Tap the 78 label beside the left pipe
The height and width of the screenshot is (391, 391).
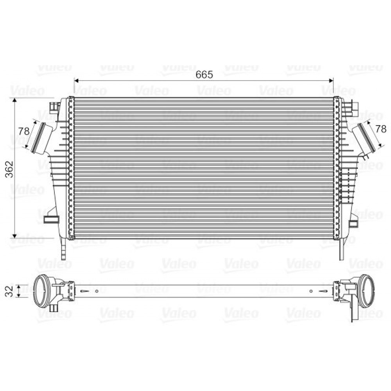(x=24, y=131)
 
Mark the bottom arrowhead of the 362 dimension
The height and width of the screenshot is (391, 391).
(x=15, y=235)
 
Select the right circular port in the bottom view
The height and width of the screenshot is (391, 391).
(x=366, y=291)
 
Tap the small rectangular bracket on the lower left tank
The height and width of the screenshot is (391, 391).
(x=50, y=219)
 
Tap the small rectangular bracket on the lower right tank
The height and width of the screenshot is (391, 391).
(x=353, y=223)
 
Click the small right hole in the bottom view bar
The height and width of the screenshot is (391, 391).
(x=311, y=291)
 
